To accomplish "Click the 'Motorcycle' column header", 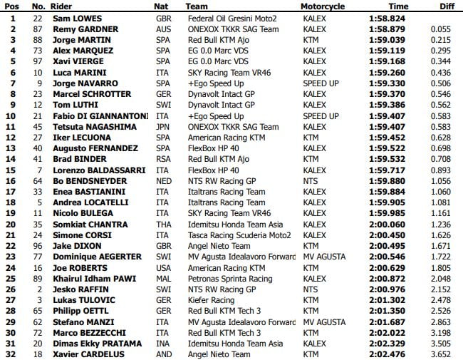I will [323, 6].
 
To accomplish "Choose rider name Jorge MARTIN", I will [83, 40].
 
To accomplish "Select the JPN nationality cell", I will [163, 127].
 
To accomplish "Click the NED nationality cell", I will [163, 181].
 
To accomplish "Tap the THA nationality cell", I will [163, 225].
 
